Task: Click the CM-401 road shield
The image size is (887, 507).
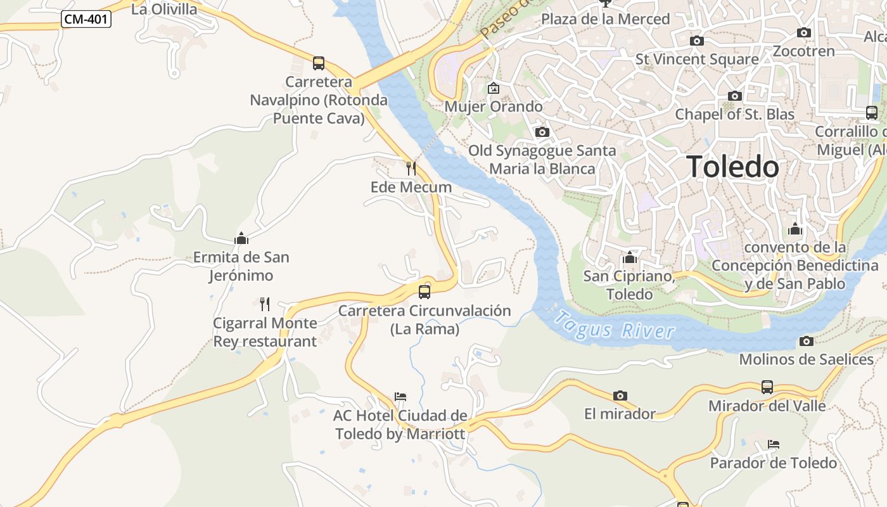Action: pyautogui.click(x=86, y=20)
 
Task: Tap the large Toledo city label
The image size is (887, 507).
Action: pyautogui.click(x=733, y=167)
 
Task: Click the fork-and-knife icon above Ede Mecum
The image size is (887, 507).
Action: pyautogui.click(x=411, y=168)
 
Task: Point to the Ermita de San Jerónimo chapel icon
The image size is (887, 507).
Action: pyautogui.click(x=241, y=238)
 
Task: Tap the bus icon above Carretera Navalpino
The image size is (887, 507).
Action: pyautogui.click(x=319, y=63)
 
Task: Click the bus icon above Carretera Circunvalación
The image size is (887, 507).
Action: pyautogui.click(x=424, y=292)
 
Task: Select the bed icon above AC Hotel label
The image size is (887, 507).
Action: pyautogui.click(x=400, y=397)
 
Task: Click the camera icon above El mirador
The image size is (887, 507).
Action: pyautogui.click(x=620, y=395)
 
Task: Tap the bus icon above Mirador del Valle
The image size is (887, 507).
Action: pyautogui.click(x=767, y=387)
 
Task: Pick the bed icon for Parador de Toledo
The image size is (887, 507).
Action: pyautogui.click(x=774, y=444)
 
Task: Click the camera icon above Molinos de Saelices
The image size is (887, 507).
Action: pyautogui.click(x=807, y=341)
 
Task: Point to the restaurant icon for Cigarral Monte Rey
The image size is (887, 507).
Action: pyautogui.click(x=265, y=304)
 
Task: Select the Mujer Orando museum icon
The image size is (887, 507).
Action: pyautogui.click(x=494, y=88)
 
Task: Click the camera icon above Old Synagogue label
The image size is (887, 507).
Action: pyautogui.click(x=542, y=132)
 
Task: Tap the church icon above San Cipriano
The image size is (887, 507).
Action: pyautogui.click(x=630, y=257)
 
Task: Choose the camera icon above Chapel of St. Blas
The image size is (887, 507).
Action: pyautogui.click(x=735, y=96)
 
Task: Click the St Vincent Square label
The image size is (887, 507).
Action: pyautogui.click(x=697, y=60)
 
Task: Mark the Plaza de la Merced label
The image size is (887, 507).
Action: pyautogui.click(x=605, y=19)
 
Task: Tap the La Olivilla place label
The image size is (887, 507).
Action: pyautogui.click(x=164, y=9)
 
